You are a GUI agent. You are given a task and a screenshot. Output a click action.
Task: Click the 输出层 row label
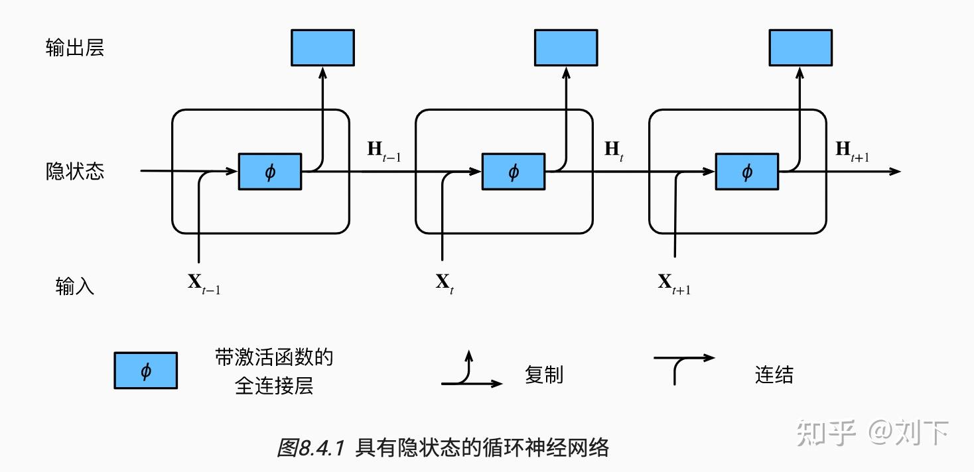pyautogui.click(x=75, y=48)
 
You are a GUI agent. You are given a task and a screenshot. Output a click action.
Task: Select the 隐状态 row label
pyautogui.click(x=75, y=171)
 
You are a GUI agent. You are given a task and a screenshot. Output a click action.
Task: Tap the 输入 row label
pyautogui.click(x=75, y=286)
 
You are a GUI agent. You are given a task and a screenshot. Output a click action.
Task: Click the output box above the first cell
pyautogui.click(x=322, y=48)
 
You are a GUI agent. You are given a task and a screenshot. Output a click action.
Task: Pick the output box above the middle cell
pyautogui.click(x=566, y=48)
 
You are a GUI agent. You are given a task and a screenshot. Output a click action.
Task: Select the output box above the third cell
pyautogui.click(x=800, y=48)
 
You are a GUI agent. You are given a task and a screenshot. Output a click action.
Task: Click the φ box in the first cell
pyautogui.click(x=269, y=172)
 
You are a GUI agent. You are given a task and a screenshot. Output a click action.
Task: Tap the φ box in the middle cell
pyautogui.click(x=513, y=172)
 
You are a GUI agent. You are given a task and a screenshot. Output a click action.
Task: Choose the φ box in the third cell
pyautogui.click(x=746, y=172)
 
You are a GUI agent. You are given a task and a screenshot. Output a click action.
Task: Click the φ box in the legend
pyautogui.click(x=146, y=370)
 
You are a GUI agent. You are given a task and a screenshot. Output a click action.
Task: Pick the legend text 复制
pyautogui.click(x=543, y=375)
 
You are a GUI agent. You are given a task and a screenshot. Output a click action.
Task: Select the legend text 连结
pyautogui.click(x=774, y=375)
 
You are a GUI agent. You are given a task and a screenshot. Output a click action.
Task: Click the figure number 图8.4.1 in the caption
pyautogui.click(x=310, y=448)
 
